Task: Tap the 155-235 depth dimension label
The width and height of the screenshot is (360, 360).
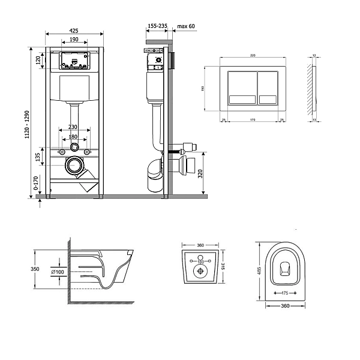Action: tap(157, 26)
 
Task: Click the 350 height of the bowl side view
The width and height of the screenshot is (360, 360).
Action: tap(36, 269)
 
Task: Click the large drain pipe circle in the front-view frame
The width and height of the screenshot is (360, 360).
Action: tap(76, 164)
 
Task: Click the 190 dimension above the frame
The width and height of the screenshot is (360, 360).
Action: tap(74, 40)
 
